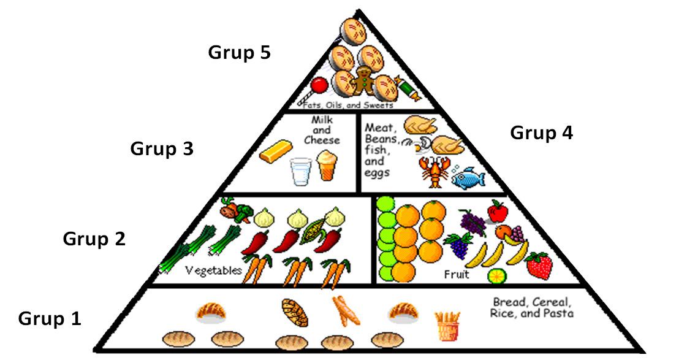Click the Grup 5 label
click(239, 53)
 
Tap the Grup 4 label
click(541, 133)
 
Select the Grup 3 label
click(162, 149)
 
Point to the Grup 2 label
click(94, 239)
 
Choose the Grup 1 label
click(50, 319)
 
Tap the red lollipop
click(318, 86)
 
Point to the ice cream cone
click(328, 166)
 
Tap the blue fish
click(468, 177)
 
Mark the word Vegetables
click(214, 270)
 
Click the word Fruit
click(456, 275)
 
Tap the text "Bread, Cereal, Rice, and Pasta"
click(532, 308)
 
